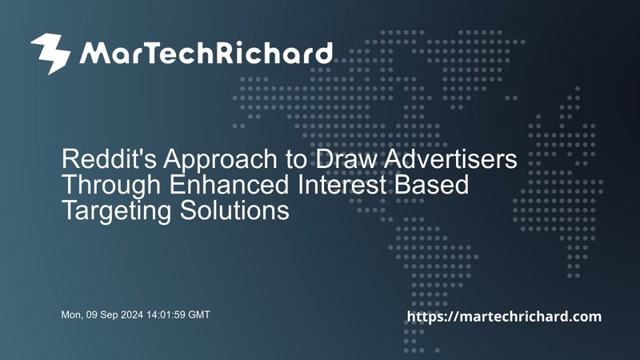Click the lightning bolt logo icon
point(50,54)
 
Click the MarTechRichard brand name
point(206,53)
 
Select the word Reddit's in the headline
point(109,158)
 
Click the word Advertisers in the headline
point(450,158)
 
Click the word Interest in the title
point(342,184)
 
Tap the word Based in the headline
point(431,184)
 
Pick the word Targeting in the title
point(117,211)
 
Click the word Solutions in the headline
point(234,210)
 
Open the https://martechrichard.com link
point(504,316)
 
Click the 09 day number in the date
point(92,314)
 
